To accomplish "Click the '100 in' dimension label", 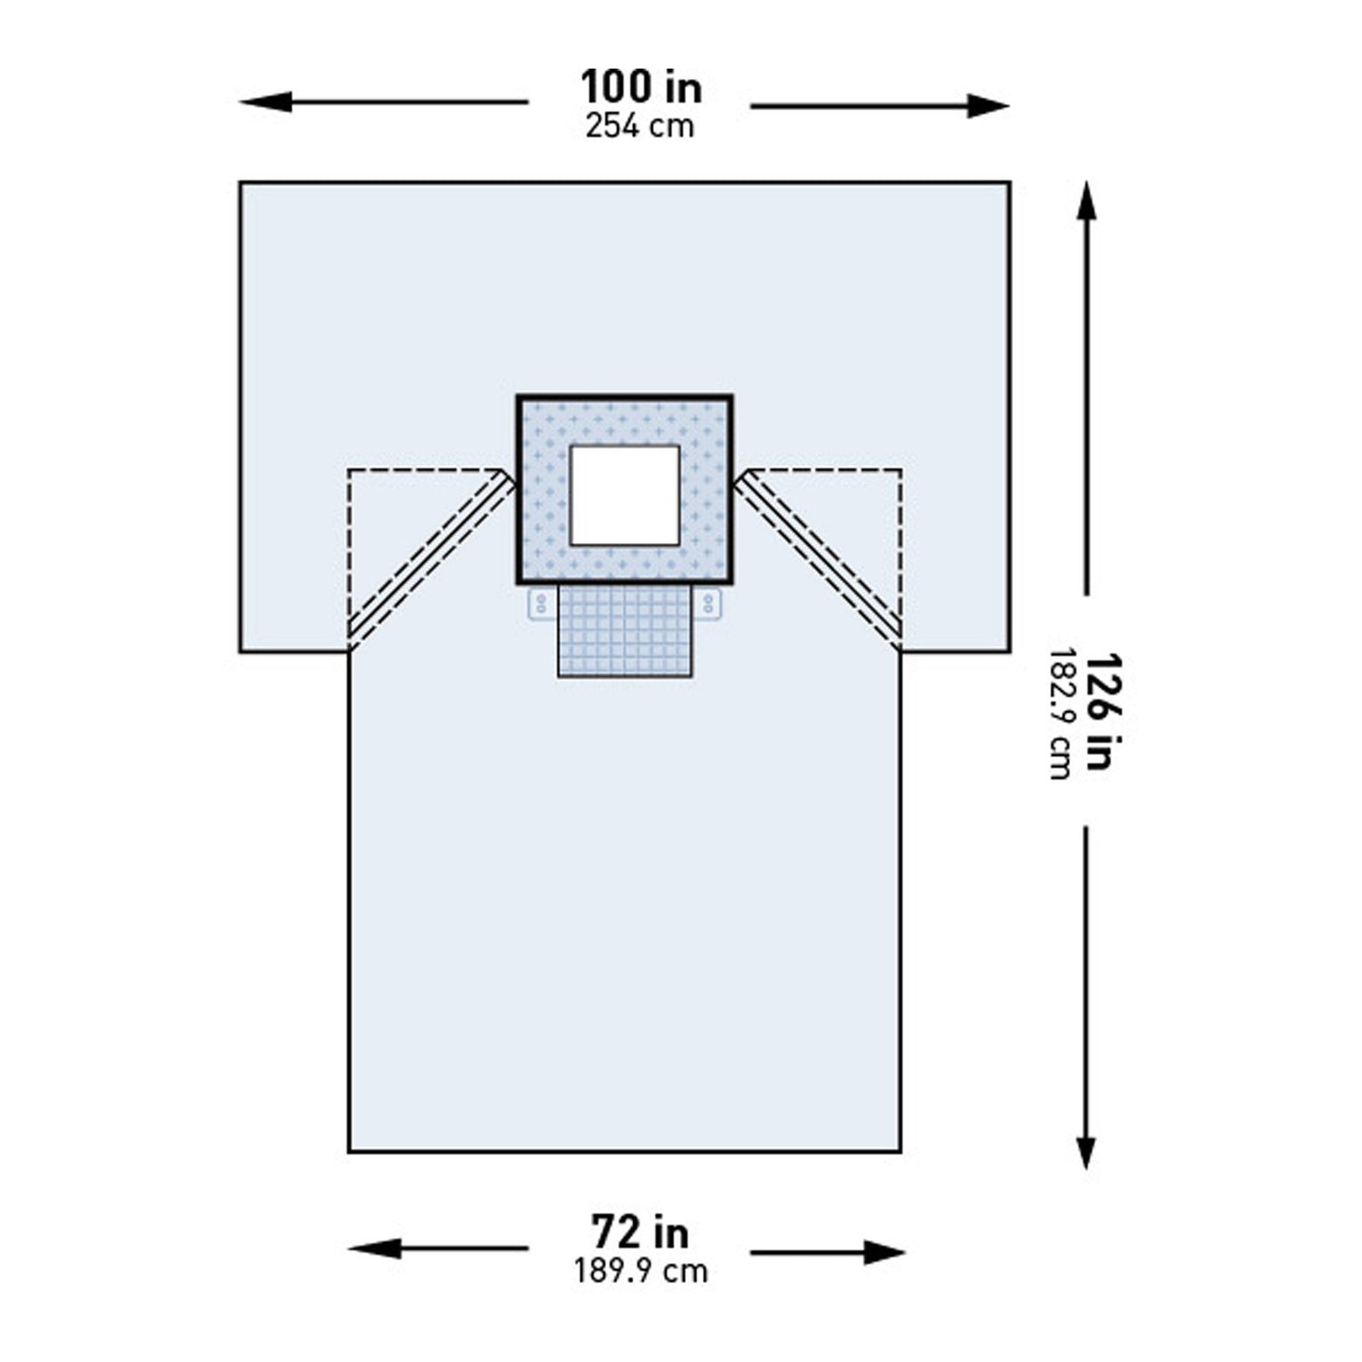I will (641, 88).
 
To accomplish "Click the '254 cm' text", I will (640, 127).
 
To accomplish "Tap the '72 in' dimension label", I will (640, 1232).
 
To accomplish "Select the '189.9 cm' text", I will (640, 1272).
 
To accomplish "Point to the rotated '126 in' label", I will (1100, 712).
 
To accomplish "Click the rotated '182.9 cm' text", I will (1061, 713).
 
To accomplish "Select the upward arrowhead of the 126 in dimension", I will (1086, 198).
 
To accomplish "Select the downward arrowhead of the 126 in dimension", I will (1085, 1153).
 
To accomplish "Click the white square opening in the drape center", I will (625, 495).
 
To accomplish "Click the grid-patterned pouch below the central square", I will (625, 631).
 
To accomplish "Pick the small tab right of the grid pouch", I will (707, 604).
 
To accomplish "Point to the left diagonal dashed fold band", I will (432, 559).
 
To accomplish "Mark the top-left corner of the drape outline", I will (241, 182).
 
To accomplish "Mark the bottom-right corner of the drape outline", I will (901, 1152).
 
